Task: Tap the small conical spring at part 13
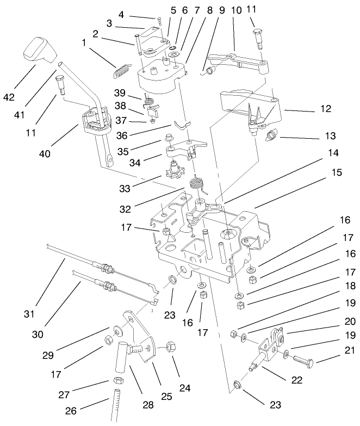click(275, 135)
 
